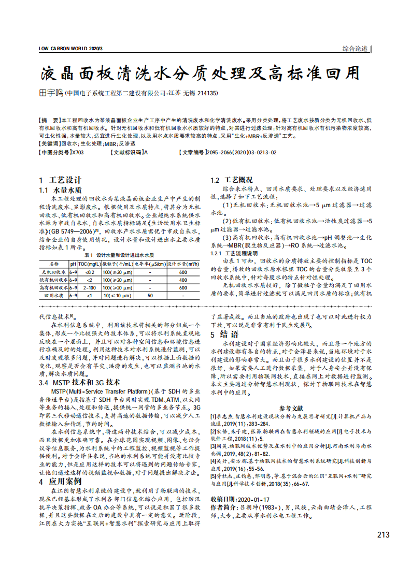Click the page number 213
click(383, 534)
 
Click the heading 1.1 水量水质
click(61, 190)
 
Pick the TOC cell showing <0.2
click(89, 272)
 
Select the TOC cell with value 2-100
click(89, 287)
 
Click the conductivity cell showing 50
click(150, 295)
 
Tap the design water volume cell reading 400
click(183, 280)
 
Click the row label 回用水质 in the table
click(54, 295)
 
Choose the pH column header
click(73, 263)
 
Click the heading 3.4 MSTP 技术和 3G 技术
click(79, 382)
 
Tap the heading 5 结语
click(224, 335)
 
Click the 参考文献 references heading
click(291, 408)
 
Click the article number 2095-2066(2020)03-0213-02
click(240, 152)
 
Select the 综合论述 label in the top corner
click(355, 49)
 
